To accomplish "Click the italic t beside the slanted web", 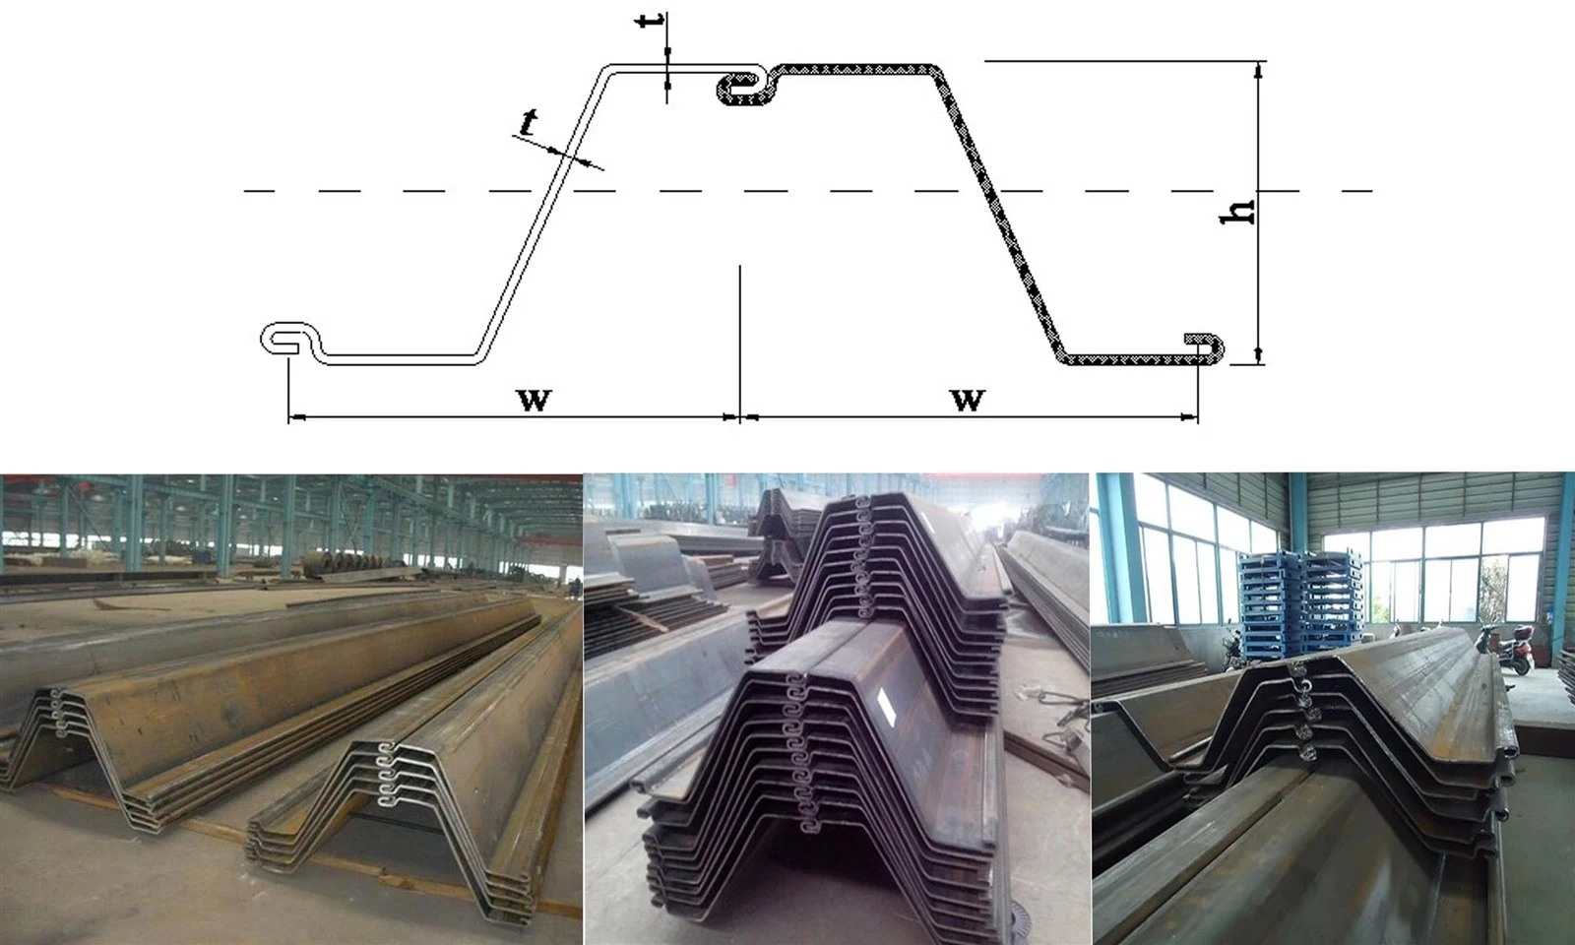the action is click(x=528, y=122).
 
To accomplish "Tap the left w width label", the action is click(x=535, y=400).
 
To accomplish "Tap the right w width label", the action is click(x=968, y=400).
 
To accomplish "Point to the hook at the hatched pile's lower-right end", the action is click(x=1206, y=348).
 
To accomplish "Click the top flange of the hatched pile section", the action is click(x=856, y=69).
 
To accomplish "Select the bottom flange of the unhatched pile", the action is click(x=401, y=359).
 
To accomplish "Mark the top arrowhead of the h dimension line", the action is click(x=1259, y=69).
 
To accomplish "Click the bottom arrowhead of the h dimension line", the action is click(x=1259, y=356).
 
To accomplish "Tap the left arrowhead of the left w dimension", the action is click(x=296, y=417).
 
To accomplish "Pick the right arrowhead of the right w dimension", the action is click(x=1190, y=417).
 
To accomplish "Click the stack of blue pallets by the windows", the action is click(x=1300, y=603).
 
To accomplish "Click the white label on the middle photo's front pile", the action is click(x=886, y=703).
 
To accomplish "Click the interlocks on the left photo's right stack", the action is click(x=384, y=774).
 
